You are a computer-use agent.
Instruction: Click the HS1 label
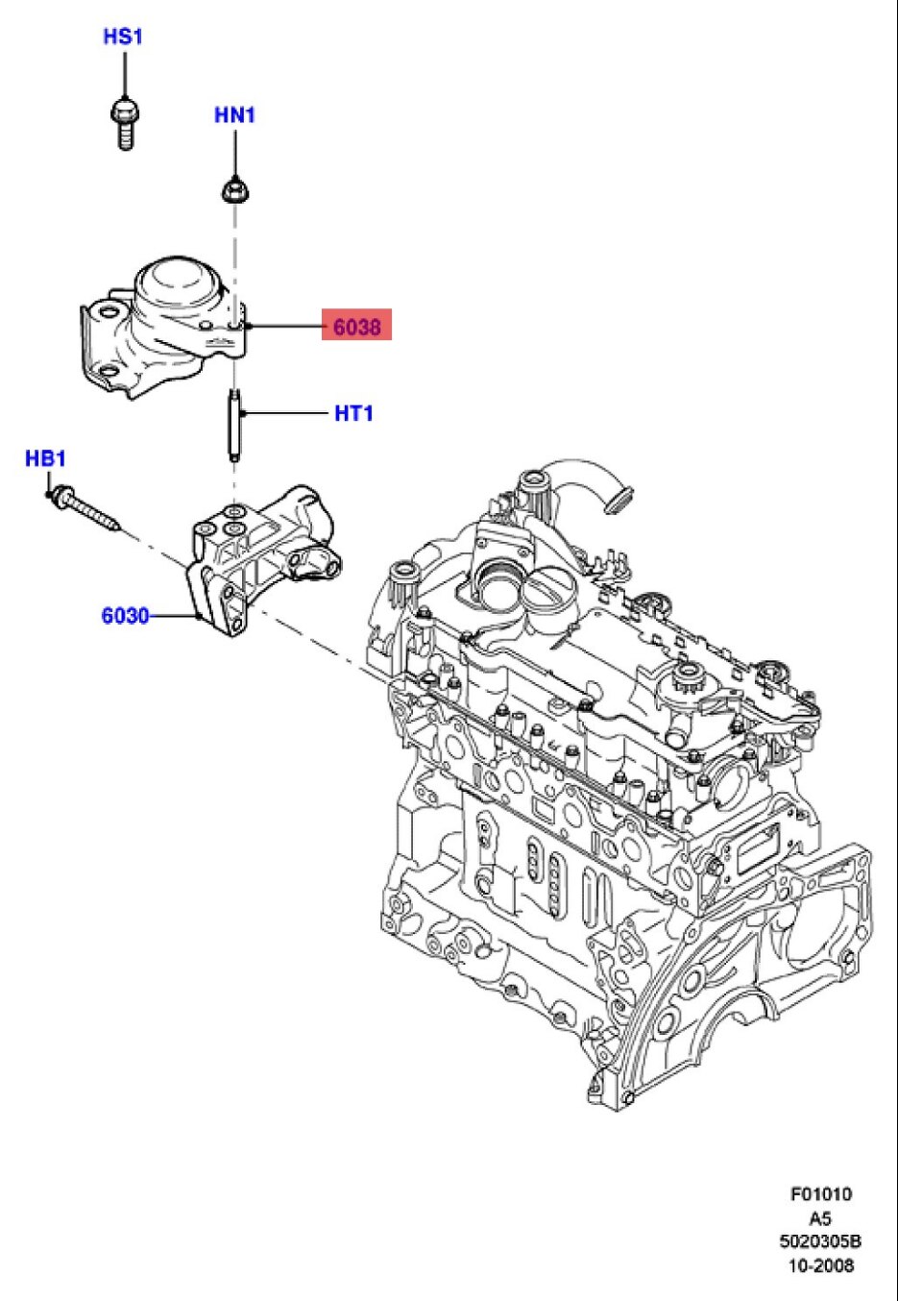coord(123,37)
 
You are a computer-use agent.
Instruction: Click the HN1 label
coord(234,115)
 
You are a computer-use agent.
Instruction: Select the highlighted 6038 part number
coord(356,327)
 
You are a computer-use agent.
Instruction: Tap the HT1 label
coord(353,413)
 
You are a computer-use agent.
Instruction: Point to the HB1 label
coord(45,459)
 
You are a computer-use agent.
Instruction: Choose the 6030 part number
coord(125,616)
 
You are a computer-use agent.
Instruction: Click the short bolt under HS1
coord(123,122)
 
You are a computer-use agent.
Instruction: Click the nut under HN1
coord(233,192)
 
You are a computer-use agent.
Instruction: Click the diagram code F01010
coord(820,1194)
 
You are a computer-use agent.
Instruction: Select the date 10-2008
coord(820,1265)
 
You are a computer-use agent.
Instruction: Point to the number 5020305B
coord(820,1241)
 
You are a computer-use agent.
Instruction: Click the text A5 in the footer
coord(820,1218)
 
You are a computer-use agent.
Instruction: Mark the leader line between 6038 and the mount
coord(286,327)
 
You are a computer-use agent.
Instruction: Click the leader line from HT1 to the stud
coord(286,413)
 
